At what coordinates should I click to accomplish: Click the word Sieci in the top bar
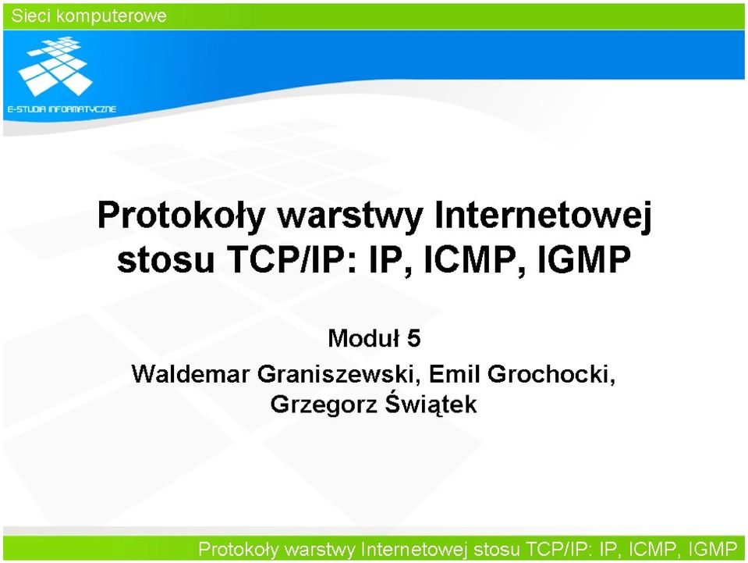(x=30, y=16)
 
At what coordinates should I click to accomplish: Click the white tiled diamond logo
(x=55, y=66)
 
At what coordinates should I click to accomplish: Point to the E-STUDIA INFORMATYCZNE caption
(x=62, y=109)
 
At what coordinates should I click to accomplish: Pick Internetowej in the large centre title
(x=543, y=216)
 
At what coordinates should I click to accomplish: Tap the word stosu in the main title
(x=165, y=261)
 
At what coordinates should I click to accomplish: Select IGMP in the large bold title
(x=585, y=259)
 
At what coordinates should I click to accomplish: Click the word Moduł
(x=363, y=339)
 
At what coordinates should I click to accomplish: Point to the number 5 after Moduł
(x=414, y=339)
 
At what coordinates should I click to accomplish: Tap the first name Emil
(x=455, y=374)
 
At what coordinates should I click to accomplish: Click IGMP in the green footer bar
(x=713, y=549)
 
